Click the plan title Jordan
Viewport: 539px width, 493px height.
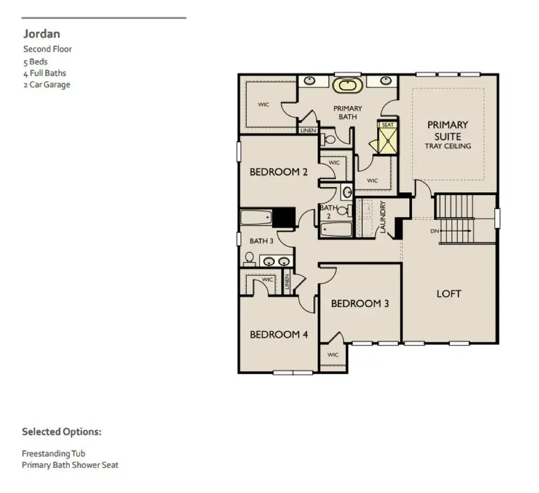coord(41,34)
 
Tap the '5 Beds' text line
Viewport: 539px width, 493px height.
coord(35,62)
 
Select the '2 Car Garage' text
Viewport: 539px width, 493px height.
coord(47,84)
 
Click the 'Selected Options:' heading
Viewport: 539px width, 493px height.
coord(62,431)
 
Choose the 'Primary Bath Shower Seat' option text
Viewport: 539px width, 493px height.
coord(70,465)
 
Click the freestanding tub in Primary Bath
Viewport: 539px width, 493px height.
coord(347,86)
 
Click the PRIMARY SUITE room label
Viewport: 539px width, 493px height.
coord(447,131)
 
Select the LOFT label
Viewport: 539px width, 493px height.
coord(449,294)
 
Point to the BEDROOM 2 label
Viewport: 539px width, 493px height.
coord(278,172)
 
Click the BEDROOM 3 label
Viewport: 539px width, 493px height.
coord(360,304)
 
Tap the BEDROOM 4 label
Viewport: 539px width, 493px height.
coord(278,334)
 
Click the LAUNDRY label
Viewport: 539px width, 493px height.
coord(383,217)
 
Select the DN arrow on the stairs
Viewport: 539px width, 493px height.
coord(443,231)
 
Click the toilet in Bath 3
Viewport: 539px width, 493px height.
coord(250,259)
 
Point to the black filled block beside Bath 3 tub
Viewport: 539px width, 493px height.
coord(284,217)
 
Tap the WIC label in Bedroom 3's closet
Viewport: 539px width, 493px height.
coord(333,355)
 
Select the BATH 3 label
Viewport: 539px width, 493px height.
coord(261,241)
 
